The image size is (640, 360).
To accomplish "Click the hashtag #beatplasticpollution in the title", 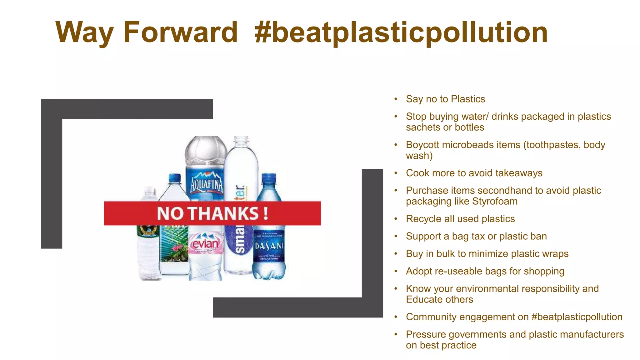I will (x=401, y=32).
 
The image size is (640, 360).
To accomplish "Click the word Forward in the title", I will (x=180, y=32).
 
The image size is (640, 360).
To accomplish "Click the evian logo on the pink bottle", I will (x=205, y=244).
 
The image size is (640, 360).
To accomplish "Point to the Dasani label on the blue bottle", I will (x=269, y=246).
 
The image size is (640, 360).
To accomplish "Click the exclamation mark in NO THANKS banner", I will (x=265, y=213).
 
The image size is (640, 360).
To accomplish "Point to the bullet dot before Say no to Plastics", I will (x=396, y=99).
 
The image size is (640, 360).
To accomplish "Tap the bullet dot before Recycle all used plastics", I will (x=396, y=219).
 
